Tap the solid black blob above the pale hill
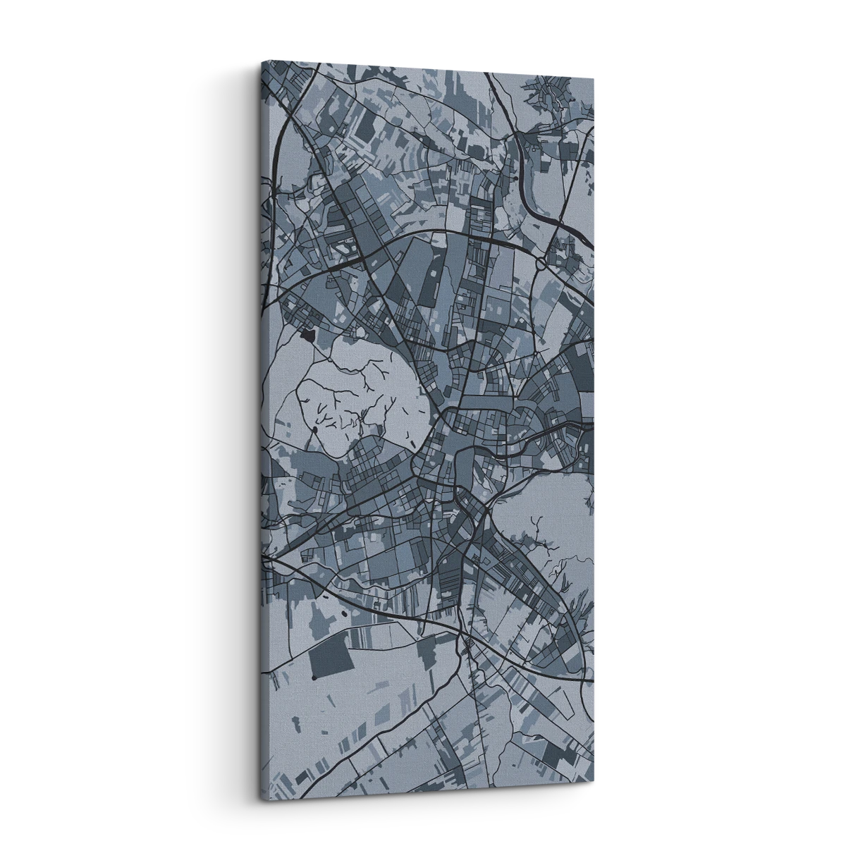point(308,335)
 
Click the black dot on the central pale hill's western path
point(314,429)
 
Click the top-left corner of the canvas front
point(262,62)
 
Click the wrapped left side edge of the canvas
point(260,423)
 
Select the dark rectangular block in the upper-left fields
point(367,127)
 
